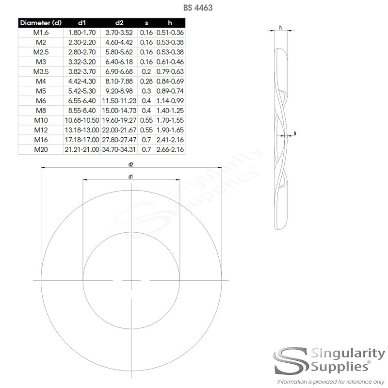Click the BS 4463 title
coord(198,8)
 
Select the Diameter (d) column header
coord(41,23)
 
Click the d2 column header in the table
coord(119,23)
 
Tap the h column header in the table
coord(170,23)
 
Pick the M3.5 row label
coord(41,71)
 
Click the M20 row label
coord(41,149)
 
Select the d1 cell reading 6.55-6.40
coord(82,101)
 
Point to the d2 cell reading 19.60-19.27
coord(119,120)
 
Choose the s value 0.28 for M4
coord(146,81)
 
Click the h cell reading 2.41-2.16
coord(170,140)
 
